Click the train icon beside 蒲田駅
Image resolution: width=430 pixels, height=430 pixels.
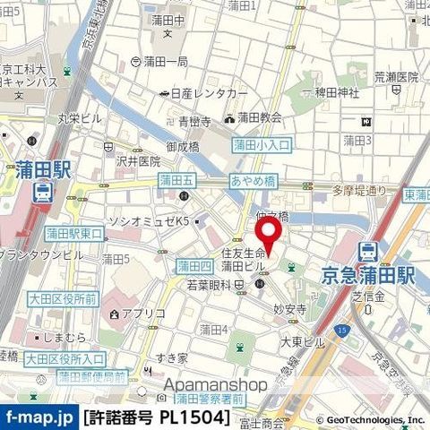pos(41,192)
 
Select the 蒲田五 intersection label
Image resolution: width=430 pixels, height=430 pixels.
pos(176,180)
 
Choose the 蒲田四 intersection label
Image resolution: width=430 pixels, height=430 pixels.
pos(193,265)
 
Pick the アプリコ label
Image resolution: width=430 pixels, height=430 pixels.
pos(142,314)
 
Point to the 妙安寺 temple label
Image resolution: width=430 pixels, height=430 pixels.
pos(290,306)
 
